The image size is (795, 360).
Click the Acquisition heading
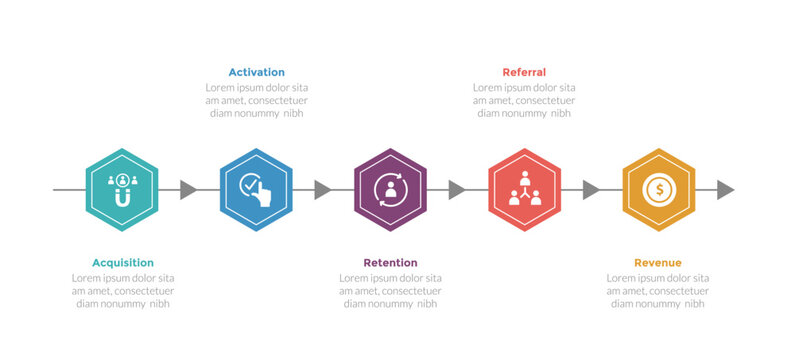123,262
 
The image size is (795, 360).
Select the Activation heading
256,72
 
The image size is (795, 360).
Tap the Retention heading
390,262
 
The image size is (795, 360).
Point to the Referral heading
524,72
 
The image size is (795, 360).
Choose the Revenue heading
658,262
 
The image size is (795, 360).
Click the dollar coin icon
658,189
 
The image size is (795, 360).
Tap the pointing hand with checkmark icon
256,189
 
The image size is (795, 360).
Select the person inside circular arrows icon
390,189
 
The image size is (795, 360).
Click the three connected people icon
524,188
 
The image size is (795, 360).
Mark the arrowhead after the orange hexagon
725,190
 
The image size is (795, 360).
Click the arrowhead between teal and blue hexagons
187,190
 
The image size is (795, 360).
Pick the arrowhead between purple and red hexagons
456,190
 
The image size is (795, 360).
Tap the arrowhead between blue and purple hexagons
322,190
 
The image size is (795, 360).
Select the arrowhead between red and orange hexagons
590,190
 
